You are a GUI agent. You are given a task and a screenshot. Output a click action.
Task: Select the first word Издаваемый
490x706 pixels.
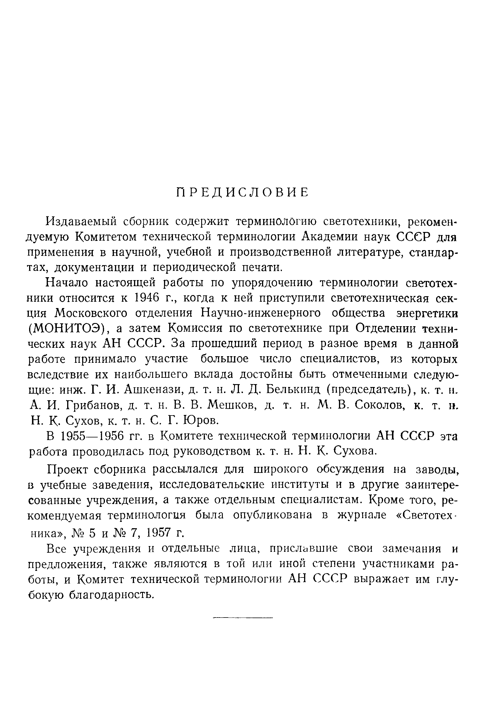pos(81,221)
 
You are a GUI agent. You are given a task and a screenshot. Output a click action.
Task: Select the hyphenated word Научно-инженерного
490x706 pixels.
pos(261,314)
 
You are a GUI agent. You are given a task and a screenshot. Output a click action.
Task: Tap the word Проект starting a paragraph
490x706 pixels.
pos(68,470)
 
